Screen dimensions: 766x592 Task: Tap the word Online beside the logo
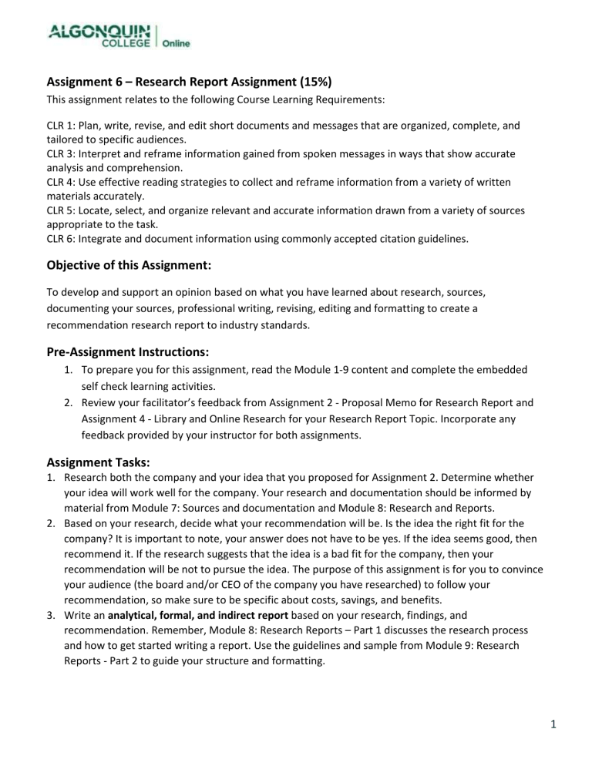click(x=176, y=44)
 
